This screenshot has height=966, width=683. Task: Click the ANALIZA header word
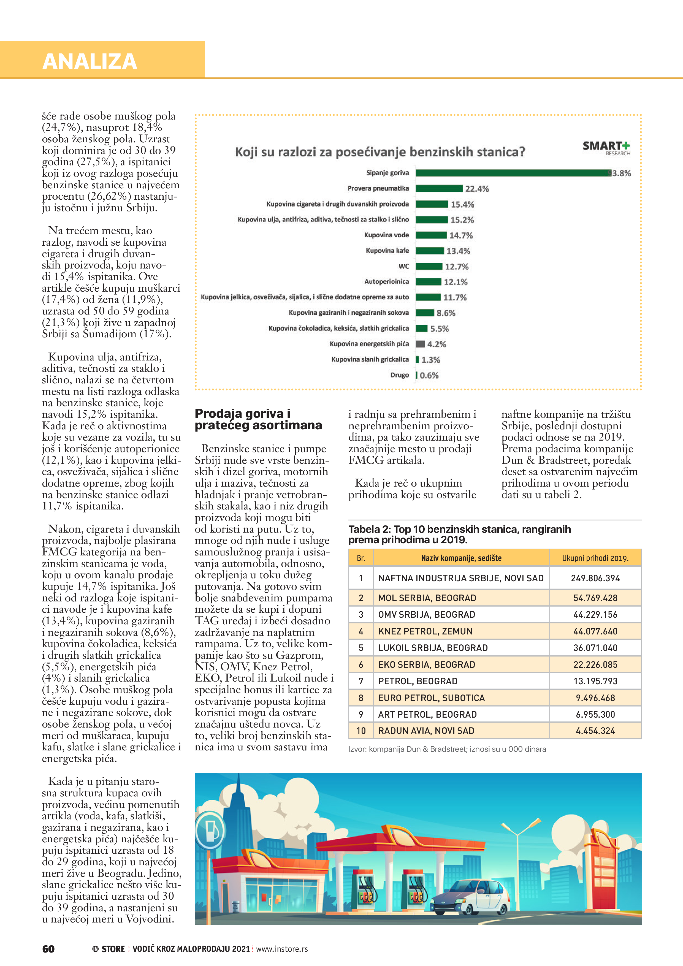(x=90, y=61)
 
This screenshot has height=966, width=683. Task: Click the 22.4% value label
(x=477, y=189)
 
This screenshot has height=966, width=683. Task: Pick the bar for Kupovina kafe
(x=430, y=251)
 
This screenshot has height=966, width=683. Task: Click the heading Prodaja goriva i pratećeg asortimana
(x=258, y=419)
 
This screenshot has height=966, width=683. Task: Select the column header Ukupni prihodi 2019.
(x=595, y=558)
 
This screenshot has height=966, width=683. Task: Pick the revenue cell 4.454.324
(x=595, y=731)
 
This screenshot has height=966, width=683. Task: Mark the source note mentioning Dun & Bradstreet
(x=447, y=749)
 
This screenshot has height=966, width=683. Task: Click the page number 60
(x=48, y=949)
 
